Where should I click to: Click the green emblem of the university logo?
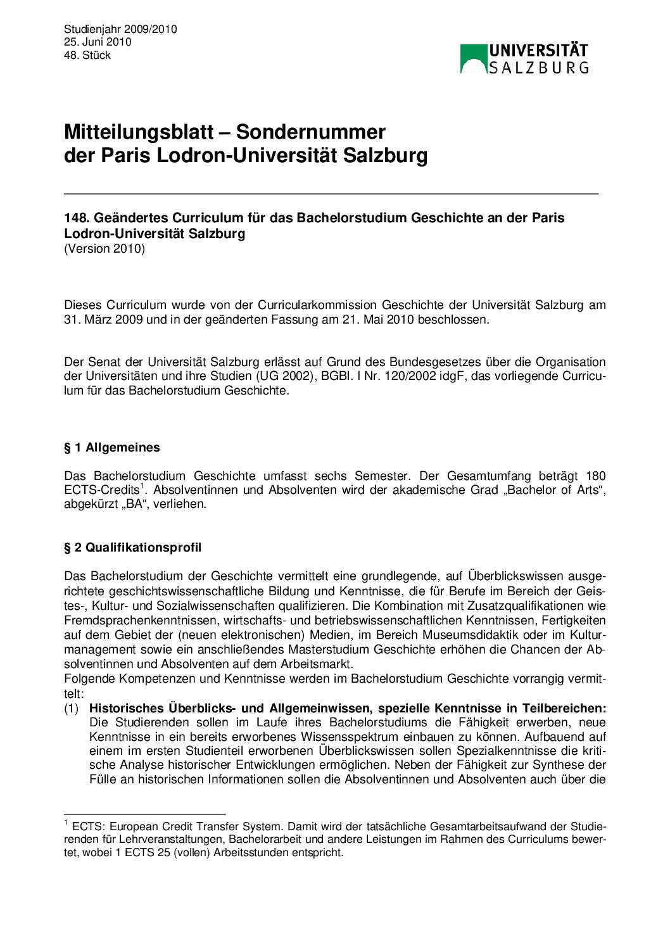tap(474, 59)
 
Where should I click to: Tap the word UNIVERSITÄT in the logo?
tap(538, 51)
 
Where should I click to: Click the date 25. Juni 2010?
tap(98, 42)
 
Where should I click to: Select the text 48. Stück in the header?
tap(87, 55)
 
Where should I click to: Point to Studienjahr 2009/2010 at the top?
tap(120, 29)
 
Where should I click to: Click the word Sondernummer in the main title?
tap(310, 132)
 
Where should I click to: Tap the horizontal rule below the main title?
tap(331, 193)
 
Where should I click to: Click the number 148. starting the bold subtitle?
tap(77, 218)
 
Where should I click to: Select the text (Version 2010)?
tap(104, 249)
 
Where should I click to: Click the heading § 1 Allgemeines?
tap(112, 448)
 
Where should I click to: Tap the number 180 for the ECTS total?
tap(595, 476)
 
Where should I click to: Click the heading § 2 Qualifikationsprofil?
tap(132, 548)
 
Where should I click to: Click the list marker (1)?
tap(72, 709)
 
